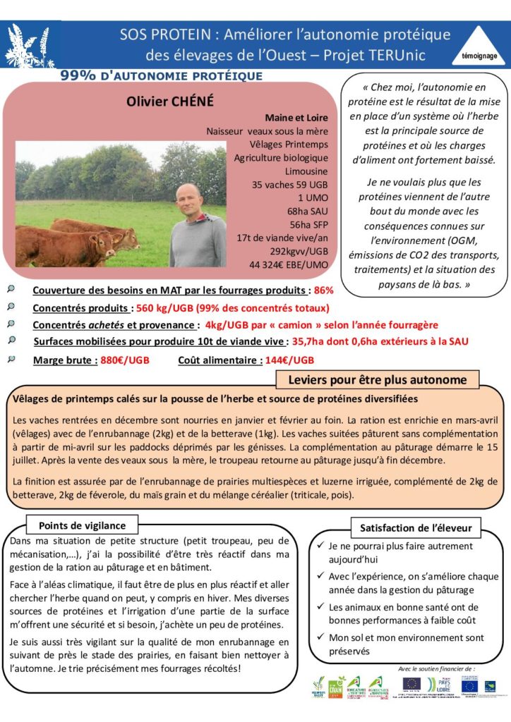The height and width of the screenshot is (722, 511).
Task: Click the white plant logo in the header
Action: (29, 46)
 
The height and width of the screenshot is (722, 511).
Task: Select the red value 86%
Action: (324, 290)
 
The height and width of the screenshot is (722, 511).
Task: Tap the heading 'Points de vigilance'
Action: (82, 525)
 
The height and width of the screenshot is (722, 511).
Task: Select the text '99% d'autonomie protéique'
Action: (162, 75)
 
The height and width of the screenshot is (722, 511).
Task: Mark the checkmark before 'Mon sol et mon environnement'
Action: (321, 637)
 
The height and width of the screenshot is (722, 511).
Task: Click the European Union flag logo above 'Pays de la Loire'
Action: (411, 683)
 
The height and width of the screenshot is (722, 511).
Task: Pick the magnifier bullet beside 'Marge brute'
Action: (11, 360)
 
